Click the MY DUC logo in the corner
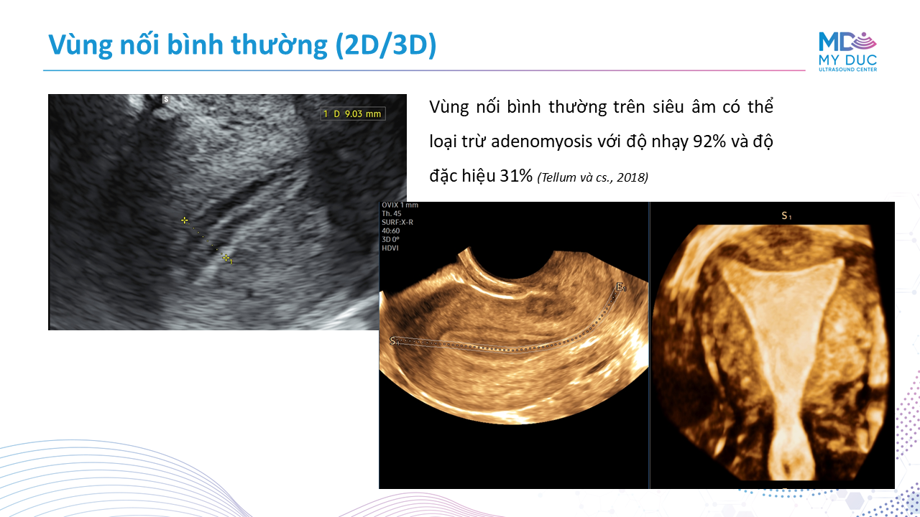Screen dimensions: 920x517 tap(847, 52)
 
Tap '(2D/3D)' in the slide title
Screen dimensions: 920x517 tap(386, 45)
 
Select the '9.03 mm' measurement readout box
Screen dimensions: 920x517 tap(353, 113)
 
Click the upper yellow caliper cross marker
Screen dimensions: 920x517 tap(185, 220)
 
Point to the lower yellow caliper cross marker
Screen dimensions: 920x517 tap(226, 258)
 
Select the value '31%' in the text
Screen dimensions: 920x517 tap(516, 176)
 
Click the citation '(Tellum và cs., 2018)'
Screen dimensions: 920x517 tap(593, 177)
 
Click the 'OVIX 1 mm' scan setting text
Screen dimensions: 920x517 tap(400, 205)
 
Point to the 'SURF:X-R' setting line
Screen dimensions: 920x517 tap(397, 222)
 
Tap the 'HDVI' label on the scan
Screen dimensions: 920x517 tap(390, 248)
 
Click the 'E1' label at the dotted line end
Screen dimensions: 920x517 tap(621, 287)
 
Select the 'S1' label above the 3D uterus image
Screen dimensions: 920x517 tap(786, 216)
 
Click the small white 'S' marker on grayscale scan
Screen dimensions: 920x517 tap(166, 99)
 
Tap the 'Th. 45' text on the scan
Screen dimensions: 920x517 tap(392, 213)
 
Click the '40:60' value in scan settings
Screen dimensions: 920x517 tap(390, 230)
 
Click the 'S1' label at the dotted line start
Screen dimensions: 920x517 tap(395, 341)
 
